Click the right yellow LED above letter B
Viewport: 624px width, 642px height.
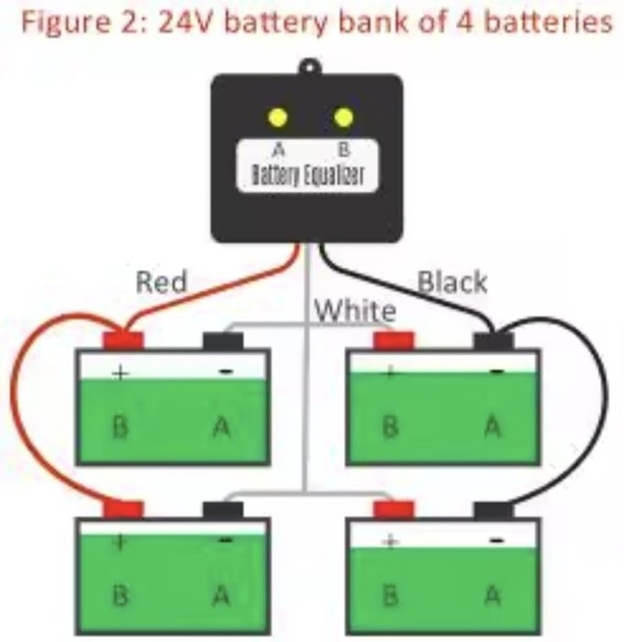[x=344, y=117]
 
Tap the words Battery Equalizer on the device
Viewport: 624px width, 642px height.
[x=307, y=175]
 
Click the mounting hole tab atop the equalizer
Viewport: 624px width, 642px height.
[x=307, y=66]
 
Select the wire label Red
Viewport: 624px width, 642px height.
[x=161, y=282]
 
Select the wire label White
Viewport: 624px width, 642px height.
[x=356, y=310]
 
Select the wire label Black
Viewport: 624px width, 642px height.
[x=452, y=282]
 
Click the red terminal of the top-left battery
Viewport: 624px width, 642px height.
[x=123, y=341]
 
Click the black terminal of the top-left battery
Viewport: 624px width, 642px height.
[x=222, y=341]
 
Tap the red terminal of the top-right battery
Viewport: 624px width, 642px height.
[x=394, y=341]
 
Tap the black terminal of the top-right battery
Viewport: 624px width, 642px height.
[x=494, y=341]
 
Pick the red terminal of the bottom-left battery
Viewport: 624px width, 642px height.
[x=123, y=509]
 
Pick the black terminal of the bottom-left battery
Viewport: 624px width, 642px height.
[x=222, y=509]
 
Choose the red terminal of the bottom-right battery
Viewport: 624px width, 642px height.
[x=394, y=509]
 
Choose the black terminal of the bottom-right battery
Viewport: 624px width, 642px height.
[x=494, y=509]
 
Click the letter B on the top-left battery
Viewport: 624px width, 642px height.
[x=120, y=426]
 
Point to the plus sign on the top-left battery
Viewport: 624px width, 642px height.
[x=119, y=373]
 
